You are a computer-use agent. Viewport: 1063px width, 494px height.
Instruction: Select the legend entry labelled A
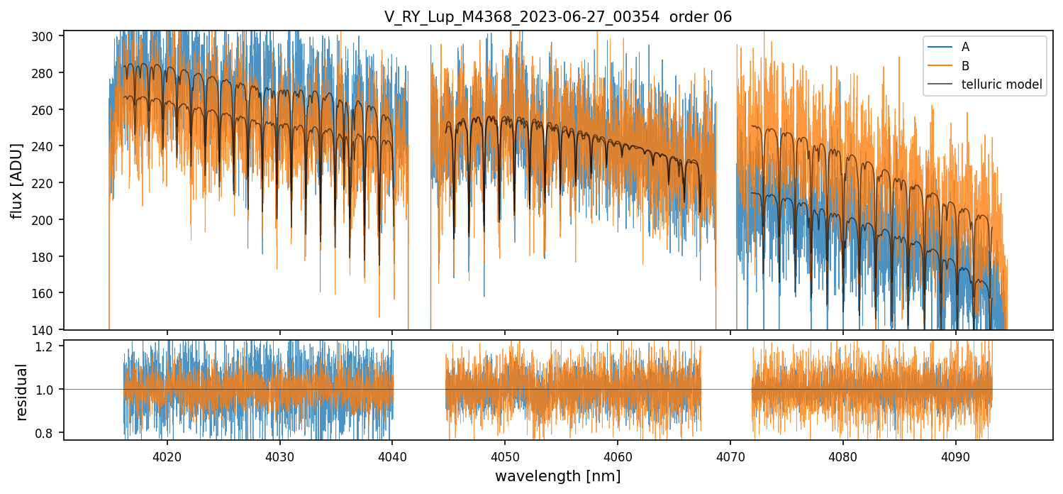click(x=965, y=47)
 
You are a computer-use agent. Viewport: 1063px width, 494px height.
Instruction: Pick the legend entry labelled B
click(x=965, y=66)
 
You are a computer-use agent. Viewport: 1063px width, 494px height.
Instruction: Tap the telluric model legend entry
click(x=1001, y=84)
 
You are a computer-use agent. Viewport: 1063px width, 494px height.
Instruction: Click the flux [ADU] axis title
click(x=16, y=180)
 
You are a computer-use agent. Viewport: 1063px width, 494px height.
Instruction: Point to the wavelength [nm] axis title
click(x=558, y=476)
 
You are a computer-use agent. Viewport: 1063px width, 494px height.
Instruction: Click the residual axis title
click(x=21, y=392)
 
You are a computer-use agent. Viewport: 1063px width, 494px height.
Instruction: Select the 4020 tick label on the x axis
click(x=167, y=454)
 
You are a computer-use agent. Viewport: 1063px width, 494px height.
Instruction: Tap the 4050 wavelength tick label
click(x=505, y=454)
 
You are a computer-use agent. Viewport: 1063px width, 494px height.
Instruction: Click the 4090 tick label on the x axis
click(x=955, y=454)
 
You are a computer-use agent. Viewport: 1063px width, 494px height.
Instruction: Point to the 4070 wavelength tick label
click(x=730, y=454)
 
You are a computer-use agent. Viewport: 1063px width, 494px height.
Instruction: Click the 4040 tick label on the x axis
click(x=392, y=454)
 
